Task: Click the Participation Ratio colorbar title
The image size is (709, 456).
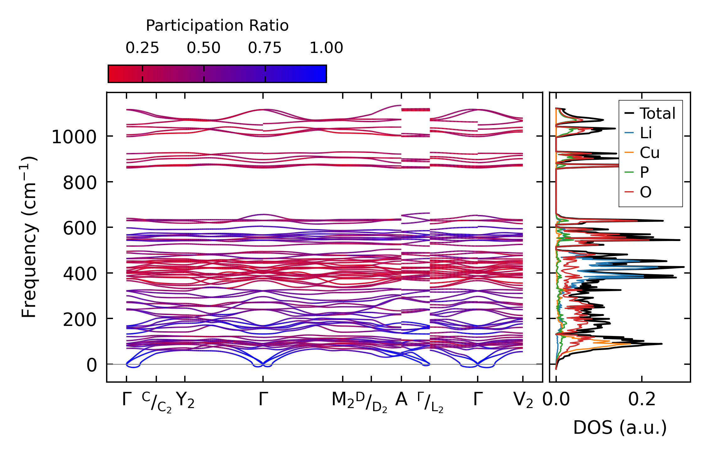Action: [x=217, y=26]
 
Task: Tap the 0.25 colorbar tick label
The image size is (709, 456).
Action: [x=142, y=48]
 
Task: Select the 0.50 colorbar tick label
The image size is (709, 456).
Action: [x=204, y=48]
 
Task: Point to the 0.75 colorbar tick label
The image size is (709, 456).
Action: [x=265, y=48]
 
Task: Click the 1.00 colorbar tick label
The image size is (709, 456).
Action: [x=326, y=48]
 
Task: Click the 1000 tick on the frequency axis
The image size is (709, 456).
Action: [x=74, y=137]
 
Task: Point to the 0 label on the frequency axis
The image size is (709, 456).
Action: [x=92, y=365]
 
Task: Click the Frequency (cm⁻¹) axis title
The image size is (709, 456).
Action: [x=29, y=237]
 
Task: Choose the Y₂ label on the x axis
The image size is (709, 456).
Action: [x=185, y=400]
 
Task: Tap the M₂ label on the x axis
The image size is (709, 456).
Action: [x=343, y=400]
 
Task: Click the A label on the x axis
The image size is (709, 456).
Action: [x=401, y=400]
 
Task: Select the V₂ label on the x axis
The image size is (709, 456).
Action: [x=523, y=400]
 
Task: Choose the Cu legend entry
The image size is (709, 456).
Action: [x=649, y=153]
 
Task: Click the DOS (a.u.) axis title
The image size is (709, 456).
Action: [x=620, y=427]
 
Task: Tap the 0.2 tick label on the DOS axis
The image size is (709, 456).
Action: [x=642, y=400]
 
